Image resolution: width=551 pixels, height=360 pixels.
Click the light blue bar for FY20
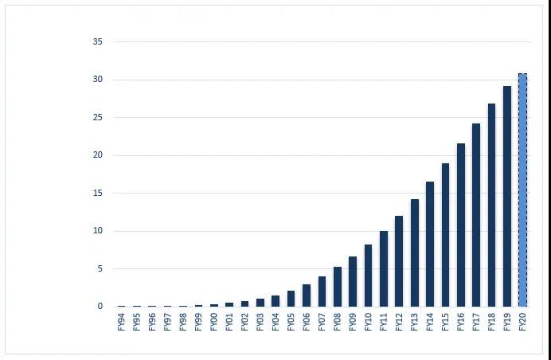(522, 190)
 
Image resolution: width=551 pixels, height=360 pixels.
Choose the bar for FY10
(368, 276)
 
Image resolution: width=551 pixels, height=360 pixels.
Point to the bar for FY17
(476, 215)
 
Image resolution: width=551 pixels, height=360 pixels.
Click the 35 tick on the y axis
(98, 41)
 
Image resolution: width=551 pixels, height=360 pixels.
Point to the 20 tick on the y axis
(98, 155)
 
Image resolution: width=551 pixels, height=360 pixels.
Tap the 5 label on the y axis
(100, 268)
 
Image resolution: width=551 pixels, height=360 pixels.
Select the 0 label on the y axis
(100, 307)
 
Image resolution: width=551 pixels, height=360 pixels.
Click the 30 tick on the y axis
(98, 80)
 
